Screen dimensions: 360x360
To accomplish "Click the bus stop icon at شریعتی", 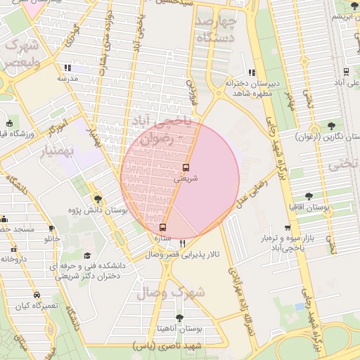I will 186,167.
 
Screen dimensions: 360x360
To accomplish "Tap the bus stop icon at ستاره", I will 163,228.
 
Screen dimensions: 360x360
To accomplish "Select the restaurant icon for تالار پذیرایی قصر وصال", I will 183,243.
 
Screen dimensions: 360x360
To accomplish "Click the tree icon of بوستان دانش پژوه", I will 98,199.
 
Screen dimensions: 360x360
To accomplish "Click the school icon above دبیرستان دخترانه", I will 252,72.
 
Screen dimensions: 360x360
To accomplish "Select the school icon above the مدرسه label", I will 67,68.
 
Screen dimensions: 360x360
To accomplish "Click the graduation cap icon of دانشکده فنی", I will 87,255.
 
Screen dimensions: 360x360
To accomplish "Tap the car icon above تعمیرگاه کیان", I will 37,295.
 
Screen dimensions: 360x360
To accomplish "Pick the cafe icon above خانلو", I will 51,229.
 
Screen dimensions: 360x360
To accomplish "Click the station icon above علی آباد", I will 346,72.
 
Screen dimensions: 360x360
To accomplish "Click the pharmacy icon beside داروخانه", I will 12,248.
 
